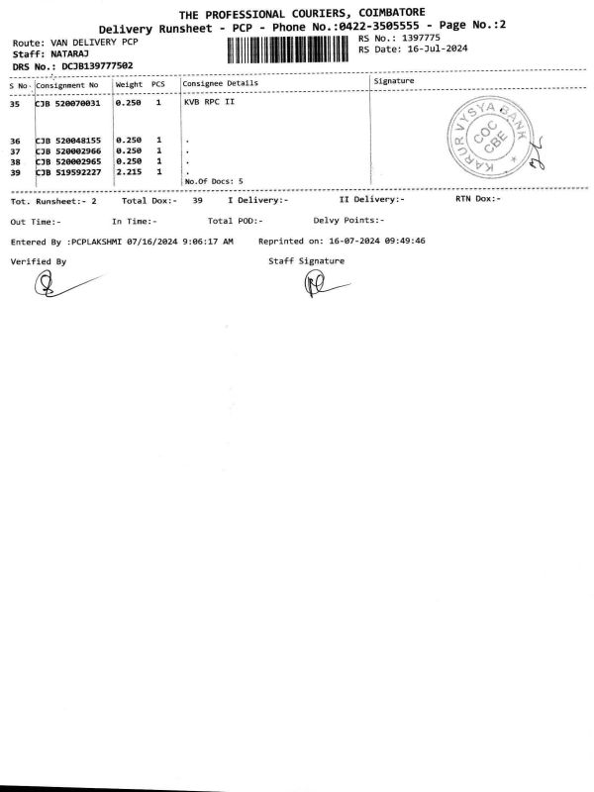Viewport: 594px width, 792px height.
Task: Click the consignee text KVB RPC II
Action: (209, 102)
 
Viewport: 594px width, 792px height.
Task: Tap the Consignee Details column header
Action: (221, 83)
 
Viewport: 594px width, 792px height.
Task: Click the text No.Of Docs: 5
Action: (214, 181)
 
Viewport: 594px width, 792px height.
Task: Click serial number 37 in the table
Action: (14, 151)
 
